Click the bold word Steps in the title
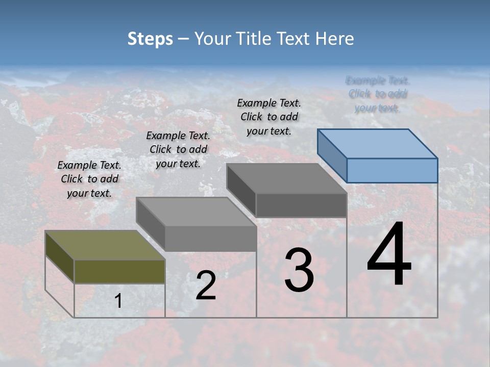click(x=150, y=39)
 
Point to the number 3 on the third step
click(x=299, y=270)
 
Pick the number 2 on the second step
click(x=206, y=286)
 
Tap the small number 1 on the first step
click(x=118, y=301)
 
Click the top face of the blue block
click(x=377, y=143)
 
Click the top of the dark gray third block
click(x=286, y=178)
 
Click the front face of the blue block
click(x=392, y=170)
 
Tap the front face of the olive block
click(x=119, y=271)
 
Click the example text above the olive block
click(x=89, y=179)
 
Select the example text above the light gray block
click(x=178, y=149)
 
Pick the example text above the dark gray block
click(x=269, y=117)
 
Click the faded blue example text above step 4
click(x=378, y=94)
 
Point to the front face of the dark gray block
click(x=301, y=205)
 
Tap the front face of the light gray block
click(x=210, y=238)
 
